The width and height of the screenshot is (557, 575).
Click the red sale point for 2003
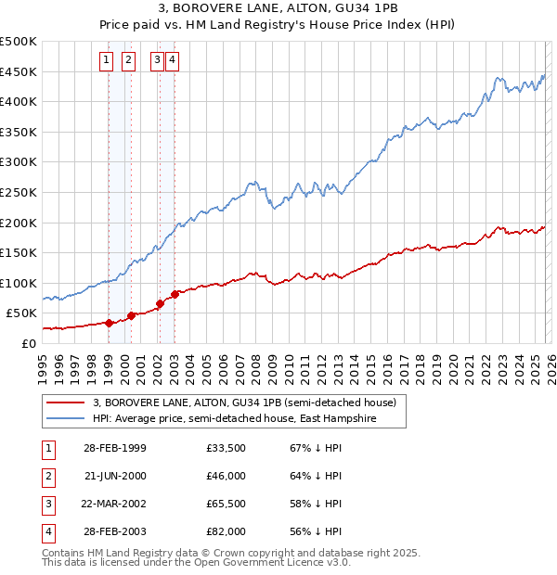(x=175, y=294)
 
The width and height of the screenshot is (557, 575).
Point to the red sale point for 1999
(x=109, y=323)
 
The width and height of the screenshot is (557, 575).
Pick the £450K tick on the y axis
(x=19, y=71)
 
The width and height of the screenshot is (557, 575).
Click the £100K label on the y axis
(x=19, y=283)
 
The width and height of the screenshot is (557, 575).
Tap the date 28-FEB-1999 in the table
(x=114, y=448)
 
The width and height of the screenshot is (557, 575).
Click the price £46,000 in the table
(x=227, y=476)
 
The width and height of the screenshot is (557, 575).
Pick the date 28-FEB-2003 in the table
(x=114, y=531)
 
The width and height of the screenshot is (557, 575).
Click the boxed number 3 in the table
(x=46, y=504)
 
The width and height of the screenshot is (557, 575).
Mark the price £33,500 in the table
(x=227, y=448)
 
